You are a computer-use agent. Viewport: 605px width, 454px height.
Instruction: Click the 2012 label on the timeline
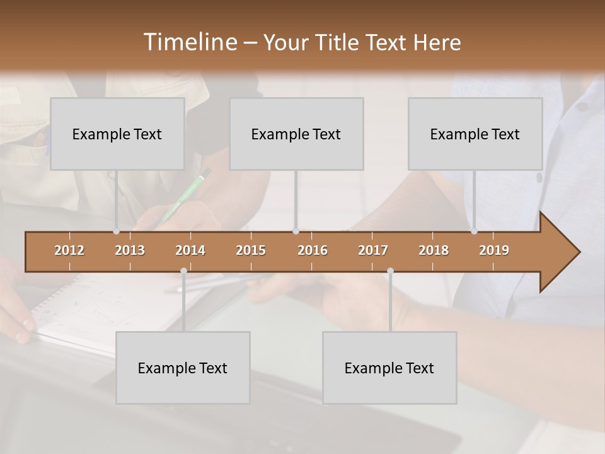pos(69,250)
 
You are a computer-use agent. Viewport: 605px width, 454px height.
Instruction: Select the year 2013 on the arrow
pos(130,250)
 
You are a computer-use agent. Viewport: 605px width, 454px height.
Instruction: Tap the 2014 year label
pos(190,250)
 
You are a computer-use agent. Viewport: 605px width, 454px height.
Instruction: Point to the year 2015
pos(251,250)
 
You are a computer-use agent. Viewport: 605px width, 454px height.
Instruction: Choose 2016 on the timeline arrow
pos(313,250)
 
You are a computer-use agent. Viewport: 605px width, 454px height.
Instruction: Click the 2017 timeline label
pos(373,250)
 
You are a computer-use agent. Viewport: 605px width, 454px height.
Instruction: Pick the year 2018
pos(434,250)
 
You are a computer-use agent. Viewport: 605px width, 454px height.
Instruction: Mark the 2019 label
pos(494,250)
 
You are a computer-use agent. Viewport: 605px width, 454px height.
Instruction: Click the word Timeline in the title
pos(188,42)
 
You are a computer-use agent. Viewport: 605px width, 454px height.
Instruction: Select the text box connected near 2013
pos(117,134)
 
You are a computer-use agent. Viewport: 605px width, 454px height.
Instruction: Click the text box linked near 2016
pos(296,134)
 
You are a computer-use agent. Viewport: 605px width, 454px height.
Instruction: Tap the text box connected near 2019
pos(475,134)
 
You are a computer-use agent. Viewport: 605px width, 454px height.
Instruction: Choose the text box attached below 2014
pos(183,368)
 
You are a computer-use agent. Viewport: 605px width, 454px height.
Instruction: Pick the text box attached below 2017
pos(389,368)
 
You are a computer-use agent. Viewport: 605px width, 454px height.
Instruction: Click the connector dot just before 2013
pos(117,231)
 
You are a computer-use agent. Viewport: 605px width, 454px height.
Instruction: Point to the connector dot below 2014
pos(183,271)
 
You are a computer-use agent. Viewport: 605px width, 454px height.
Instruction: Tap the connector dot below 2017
pos(390,271)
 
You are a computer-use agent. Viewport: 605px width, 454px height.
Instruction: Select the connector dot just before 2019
pos(474,231)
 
